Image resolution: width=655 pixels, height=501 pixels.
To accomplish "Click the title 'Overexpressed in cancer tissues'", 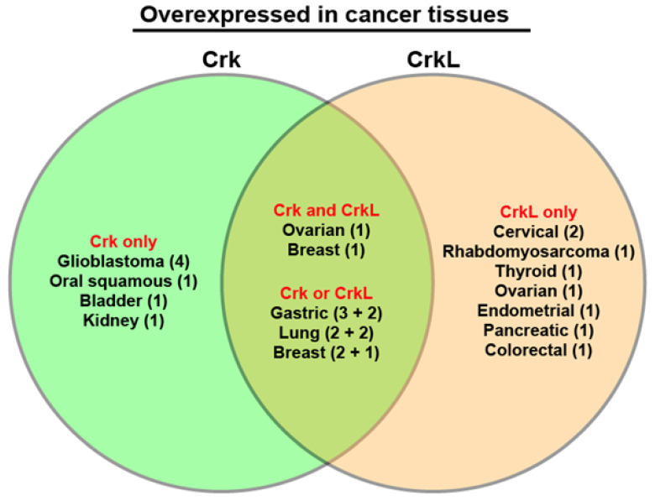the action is click(x=324, y=14).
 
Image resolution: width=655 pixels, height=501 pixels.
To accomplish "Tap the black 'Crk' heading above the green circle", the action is click(x=222, y=60).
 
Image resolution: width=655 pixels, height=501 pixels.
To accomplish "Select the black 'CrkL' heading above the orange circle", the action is click(x=433, y=60).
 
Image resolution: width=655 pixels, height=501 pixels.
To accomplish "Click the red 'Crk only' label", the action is click(x=123, y=242).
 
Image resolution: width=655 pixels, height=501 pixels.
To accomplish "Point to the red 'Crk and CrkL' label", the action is click(x=327, y=210).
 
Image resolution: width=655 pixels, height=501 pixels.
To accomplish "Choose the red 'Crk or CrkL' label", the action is click(x=327, y=293).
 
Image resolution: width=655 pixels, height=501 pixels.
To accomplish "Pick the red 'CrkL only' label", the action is click(x=538, y=211).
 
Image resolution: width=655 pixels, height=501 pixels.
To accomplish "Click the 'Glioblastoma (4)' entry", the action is click(x=123, y=261).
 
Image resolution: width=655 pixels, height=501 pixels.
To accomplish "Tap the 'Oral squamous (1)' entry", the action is click(x=123, y=281).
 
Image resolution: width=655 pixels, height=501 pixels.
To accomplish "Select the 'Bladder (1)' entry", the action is click(x=123, y=300).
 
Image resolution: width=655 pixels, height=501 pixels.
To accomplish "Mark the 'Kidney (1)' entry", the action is click(x=123, y=321).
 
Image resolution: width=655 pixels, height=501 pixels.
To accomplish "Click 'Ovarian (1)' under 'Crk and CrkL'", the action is click(x=327, y=230).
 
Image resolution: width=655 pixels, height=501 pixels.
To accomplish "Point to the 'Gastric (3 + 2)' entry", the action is click(x=327, y=313).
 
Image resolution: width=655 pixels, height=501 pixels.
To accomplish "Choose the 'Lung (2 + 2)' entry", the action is click(x=327, y=333).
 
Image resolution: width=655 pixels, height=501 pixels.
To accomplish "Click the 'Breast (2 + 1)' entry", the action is click(x=327, y=352).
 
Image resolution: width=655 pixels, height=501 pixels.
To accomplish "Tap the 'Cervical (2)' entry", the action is click(x=538, y=232).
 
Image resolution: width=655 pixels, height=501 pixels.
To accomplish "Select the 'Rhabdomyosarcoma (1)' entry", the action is click(x=538, y=251).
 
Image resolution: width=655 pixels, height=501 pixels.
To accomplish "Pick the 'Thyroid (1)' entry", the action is click(x=538, y=271).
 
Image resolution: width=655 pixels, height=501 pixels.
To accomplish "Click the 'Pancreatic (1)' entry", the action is click(x=538, y=331).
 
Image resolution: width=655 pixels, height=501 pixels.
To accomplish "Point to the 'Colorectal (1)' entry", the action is click(x=538, y=350).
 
